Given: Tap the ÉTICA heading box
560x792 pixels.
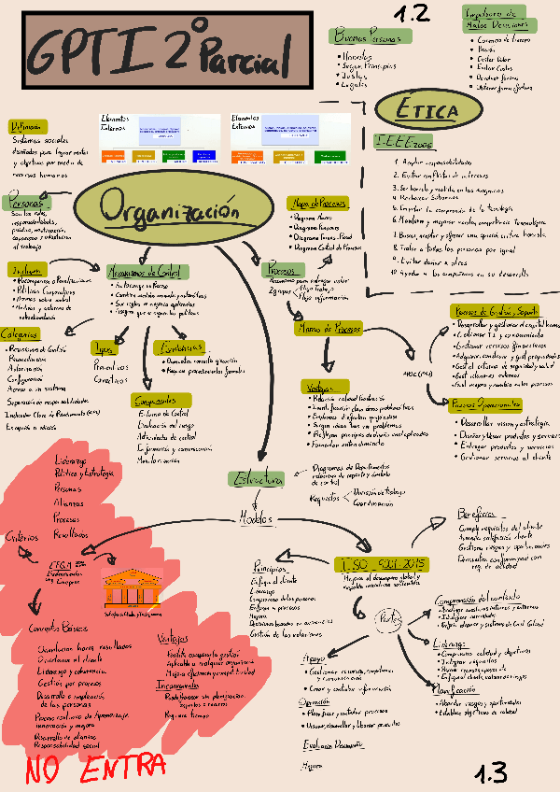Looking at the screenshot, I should point(427,111).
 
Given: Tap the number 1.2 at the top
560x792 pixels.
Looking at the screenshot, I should point(411,13).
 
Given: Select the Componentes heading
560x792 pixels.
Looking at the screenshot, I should point(155,400).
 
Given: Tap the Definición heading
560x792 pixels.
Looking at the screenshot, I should point(26,126).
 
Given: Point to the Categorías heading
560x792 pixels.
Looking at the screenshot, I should point(20,333).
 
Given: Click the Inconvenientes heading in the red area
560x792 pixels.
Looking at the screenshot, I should point(183,686).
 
